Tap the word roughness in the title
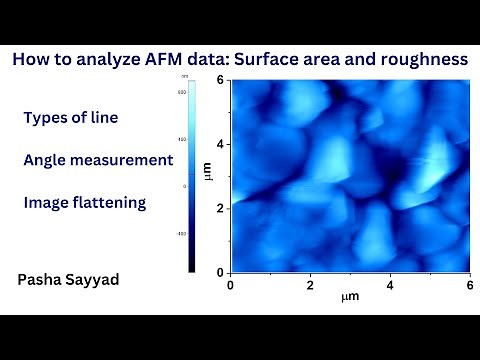pyautogui.click(x=420, y=60)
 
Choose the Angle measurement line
pyautogui.click(x=98, y=160)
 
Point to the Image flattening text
pyautogui.click(x=84, y=203)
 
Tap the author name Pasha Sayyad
pyautogui.click(x=69, y=281)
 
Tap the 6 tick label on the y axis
pyautogui.click(x=222, y=81)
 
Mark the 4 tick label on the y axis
pyautogui.click(x=222, y=144)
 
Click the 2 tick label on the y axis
pyautogui.click(x=222, y=208)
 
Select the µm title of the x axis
pyautogui.click(x=349, y=298)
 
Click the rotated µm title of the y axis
pyautogui.click(x=208, y=176)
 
